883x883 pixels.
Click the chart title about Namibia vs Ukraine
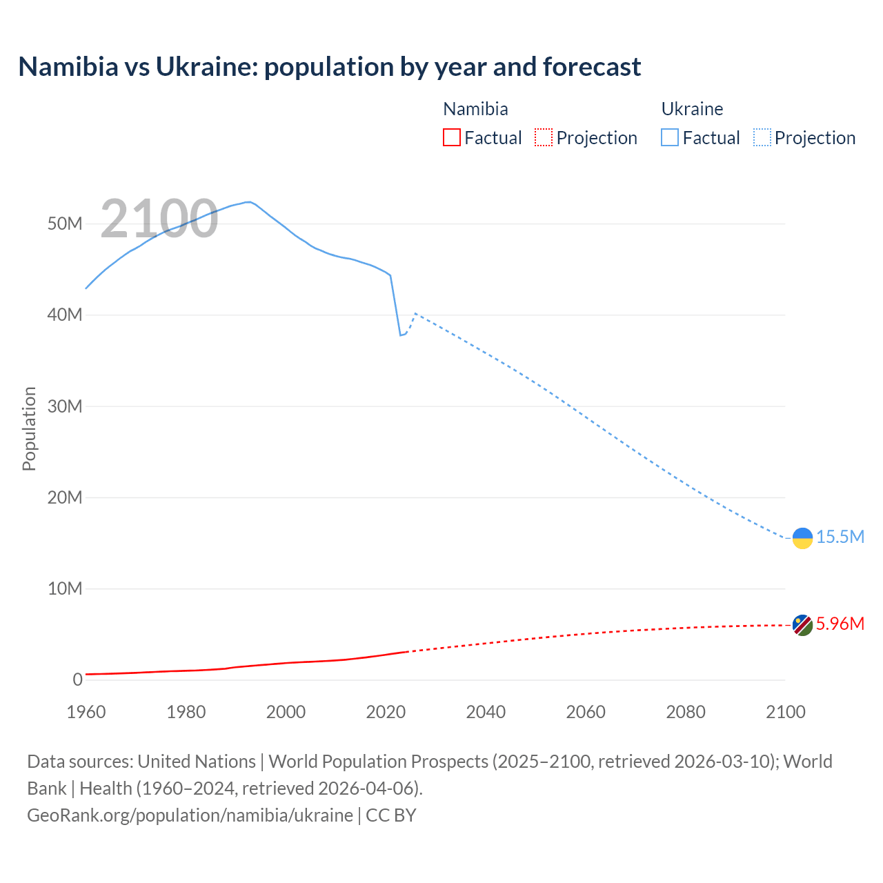coord(330,67)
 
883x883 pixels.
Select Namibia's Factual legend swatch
coord(451,138)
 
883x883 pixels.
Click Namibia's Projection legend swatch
coord(544,138)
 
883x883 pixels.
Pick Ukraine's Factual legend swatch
coord(670,138)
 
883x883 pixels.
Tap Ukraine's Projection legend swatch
coord(762,138)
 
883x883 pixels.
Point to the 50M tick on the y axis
coord(65,224)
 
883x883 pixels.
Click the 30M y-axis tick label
coord(65,406)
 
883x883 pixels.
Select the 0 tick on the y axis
coord(77,679)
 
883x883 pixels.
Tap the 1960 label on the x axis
coord(86,712)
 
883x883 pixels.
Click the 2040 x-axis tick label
coord(486,712)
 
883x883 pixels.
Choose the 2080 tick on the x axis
coord(686,712)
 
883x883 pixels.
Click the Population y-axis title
coord(29,428)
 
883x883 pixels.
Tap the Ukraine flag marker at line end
coord(802,538)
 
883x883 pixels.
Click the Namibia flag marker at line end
coord(802,625)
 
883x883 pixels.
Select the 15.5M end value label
coord(840,537)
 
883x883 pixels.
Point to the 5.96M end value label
coord(840,624)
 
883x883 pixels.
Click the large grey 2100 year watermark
coord(159,219)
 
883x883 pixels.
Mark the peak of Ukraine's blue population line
coord(248,202)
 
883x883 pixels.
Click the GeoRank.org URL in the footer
coord(190,815)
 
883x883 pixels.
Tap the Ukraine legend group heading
coord(692,109)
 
